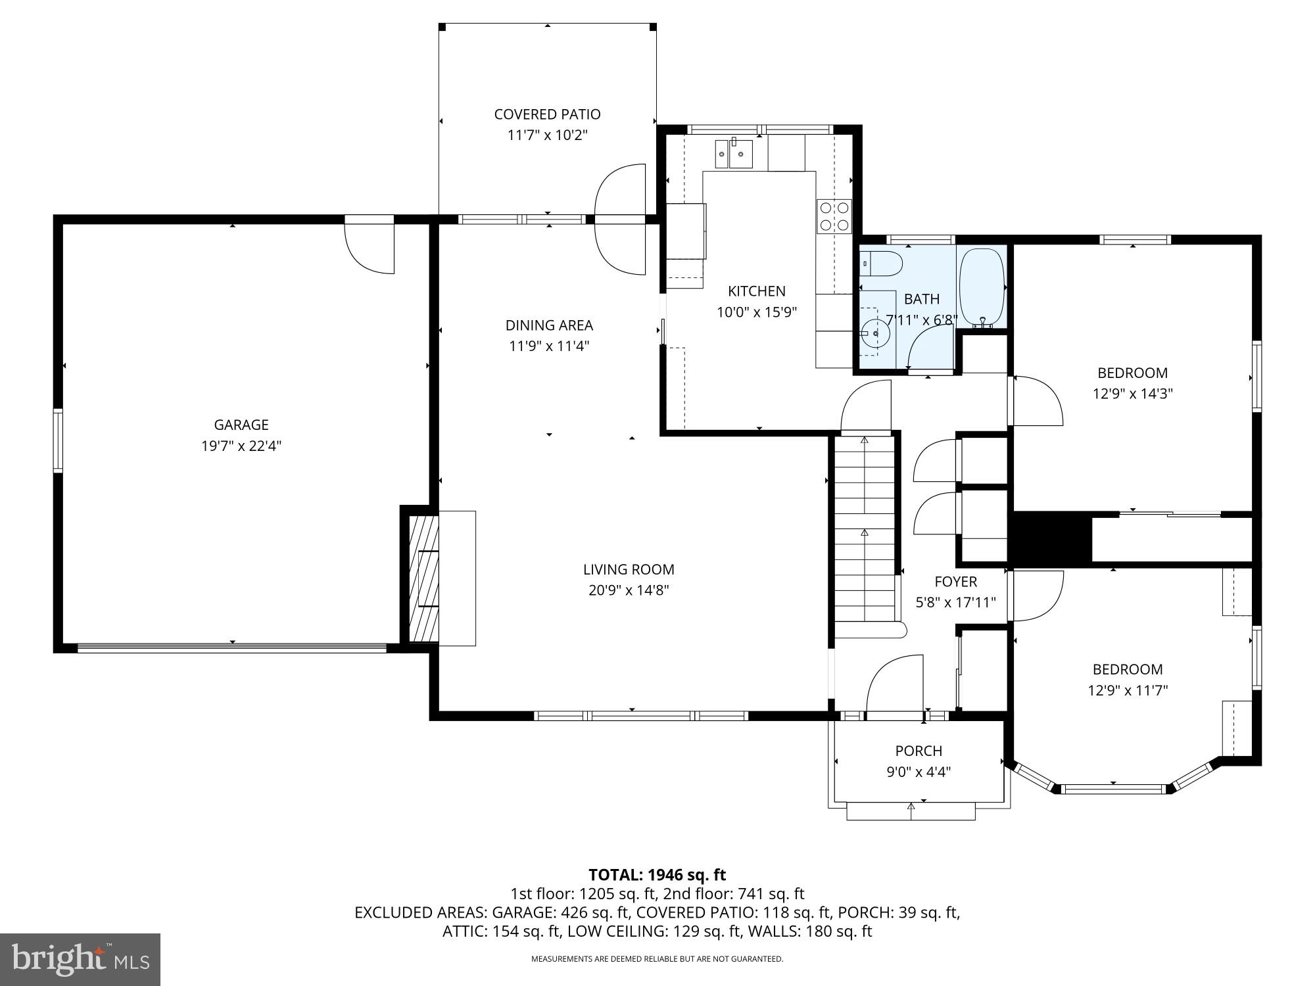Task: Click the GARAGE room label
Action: [x=241, y=425]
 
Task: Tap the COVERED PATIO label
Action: [x=547, y=114]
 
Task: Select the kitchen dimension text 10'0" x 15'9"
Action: [x=757, y=312]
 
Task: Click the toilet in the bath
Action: [x=881, y=264]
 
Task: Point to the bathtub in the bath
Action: [x=982, y=288]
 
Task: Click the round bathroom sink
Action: [x=875, y=334]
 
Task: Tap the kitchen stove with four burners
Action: [x=834, y=216]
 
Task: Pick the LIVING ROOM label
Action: [x=629, y=569]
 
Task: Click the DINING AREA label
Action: [x=549, y=325]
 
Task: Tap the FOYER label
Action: [x=955, y=582]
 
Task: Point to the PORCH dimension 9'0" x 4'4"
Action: [x=919, y=772]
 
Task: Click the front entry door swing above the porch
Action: [x=896, y=684]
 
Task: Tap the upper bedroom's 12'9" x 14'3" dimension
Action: [x=1132, y=394]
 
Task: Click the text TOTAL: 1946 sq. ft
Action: [x=657, y=875]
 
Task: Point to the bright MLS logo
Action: [x=80, y=960]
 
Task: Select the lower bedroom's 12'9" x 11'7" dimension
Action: [x=1128, y=690]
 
